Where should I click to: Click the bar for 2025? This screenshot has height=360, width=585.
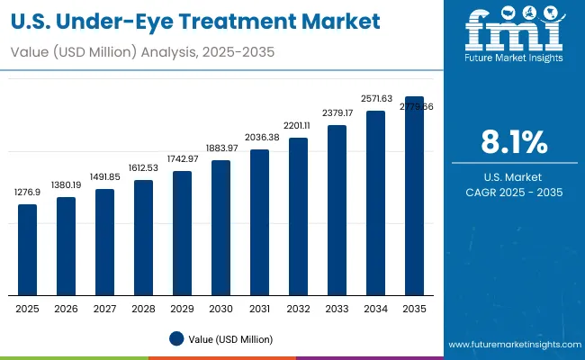[x=28, y=249]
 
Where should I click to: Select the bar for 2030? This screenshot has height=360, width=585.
[x=220, y=228]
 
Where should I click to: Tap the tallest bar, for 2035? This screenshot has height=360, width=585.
[x=414, y=195]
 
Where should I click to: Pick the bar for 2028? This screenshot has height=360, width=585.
[x=144, y=238]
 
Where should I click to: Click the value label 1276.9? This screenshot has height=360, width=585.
[x=28, y=193]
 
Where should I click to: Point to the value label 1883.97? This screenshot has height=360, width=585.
[x=220, y=148]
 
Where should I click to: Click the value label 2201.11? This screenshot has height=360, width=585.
[x=298, y=126]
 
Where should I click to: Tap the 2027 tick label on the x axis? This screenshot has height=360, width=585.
[x=105, y=309]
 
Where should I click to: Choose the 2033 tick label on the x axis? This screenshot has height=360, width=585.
[x=337, y=309]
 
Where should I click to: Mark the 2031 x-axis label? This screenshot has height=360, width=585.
[x=259, y=309]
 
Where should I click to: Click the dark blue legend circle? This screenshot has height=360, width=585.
[x=176, y=338]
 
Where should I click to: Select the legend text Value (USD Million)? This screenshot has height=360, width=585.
[x=230, y=338]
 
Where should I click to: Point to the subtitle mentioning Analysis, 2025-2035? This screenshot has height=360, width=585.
[x=145, y=53]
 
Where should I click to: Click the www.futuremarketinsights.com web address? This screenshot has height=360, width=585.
[x=513, y=345]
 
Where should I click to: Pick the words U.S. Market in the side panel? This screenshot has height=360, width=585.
[x=515, y=177]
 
